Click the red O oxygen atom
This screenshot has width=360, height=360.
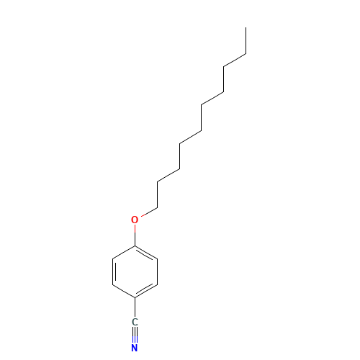[x=135, y=220]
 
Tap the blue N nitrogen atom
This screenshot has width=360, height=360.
[x=135, y=348]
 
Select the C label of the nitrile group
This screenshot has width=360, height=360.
[x=135, y=322]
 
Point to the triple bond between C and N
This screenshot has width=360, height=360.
[x=135, y=335]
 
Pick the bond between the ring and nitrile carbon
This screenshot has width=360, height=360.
[x=135, y=307]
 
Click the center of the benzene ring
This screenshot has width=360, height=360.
[x=135, y=271]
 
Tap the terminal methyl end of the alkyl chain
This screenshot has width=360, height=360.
[x=246, y=27]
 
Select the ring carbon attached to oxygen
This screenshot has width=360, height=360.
[x=135, y=246]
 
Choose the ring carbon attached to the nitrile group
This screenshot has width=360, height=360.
[x=135, y=298]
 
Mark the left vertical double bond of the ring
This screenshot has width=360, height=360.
[x=114, y=271]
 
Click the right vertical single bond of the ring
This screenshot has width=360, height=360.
[x=158, y=271]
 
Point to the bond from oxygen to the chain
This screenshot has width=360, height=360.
[x=149, y=212]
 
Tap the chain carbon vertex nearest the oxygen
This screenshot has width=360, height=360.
[x=158, y=207]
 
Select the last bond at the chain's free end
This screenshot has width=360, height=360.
[x=246, y=40]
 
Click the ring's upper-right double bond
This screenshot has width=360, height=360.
[x=146, y=253]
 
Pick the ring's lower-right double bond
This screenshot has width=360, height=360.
[x=146, y=291]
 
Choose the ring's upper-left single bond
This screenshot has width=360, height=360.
[x=124, y=252]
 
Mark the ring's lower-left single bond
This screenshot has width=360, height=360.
[x=124, y=292]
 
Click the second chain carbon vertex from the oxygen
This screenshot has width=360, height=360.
[x=158, y=181]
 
